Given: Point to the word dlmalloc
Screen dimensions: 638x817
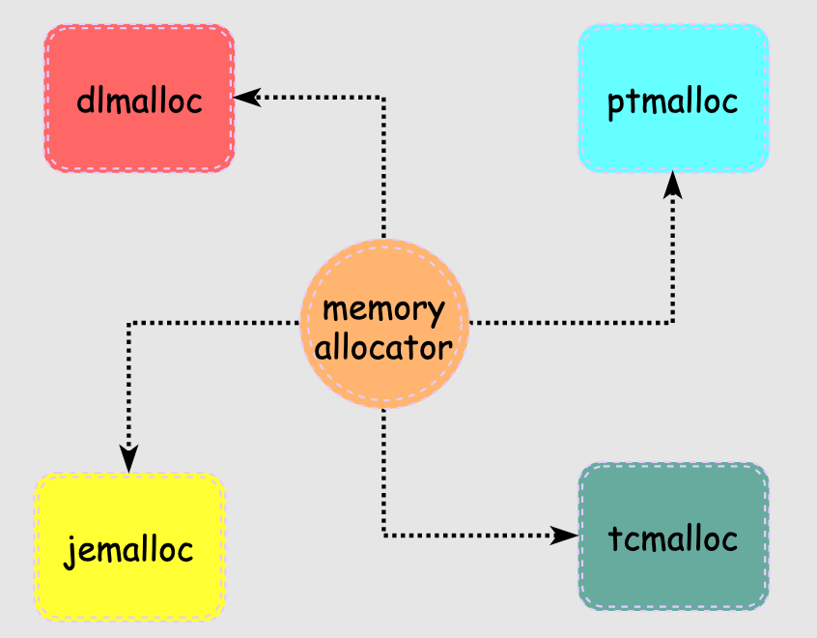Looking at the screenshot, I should tap(139, 100).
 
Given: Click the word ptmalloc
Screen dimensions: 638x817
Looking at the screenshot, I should tap(673, 101).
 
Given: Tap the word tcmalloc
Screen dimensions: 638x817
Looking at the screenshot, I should tap(673, 538).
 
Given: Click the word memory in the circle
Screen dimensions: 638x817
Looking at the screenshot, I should tap(383, 309).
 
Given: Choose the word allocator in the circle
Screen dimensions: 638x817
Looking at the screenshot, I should tap(383, 346).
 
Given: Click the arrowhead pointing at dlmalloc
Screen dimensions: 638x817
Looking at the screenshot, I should tap(246, 97).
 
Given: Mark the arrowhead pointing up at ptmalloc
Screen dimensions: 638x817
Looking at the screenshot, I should tap(673, 184).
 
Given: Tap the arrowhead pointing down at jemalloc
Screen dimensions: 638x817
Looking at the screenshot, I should tap(129, 459).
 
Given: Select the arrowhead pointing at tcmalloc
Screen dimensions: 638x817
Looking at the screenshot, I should tap(564, 535).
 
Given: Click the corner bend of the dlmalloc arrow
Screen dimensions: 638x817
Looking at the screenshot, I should tap(384, 97).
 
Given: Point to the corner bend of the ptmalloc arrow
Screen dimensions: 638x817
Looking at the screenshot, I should tap(673, 322).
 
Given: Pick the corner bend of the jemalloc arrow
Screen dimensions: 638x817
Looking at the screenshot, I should tap(129, 322).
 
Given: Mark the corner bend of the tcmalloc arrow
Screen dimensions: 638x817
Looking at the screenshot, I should tap(384, 535).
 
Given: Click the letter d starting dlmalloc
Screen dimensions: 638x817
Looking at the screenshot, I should tap(83, 100).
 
